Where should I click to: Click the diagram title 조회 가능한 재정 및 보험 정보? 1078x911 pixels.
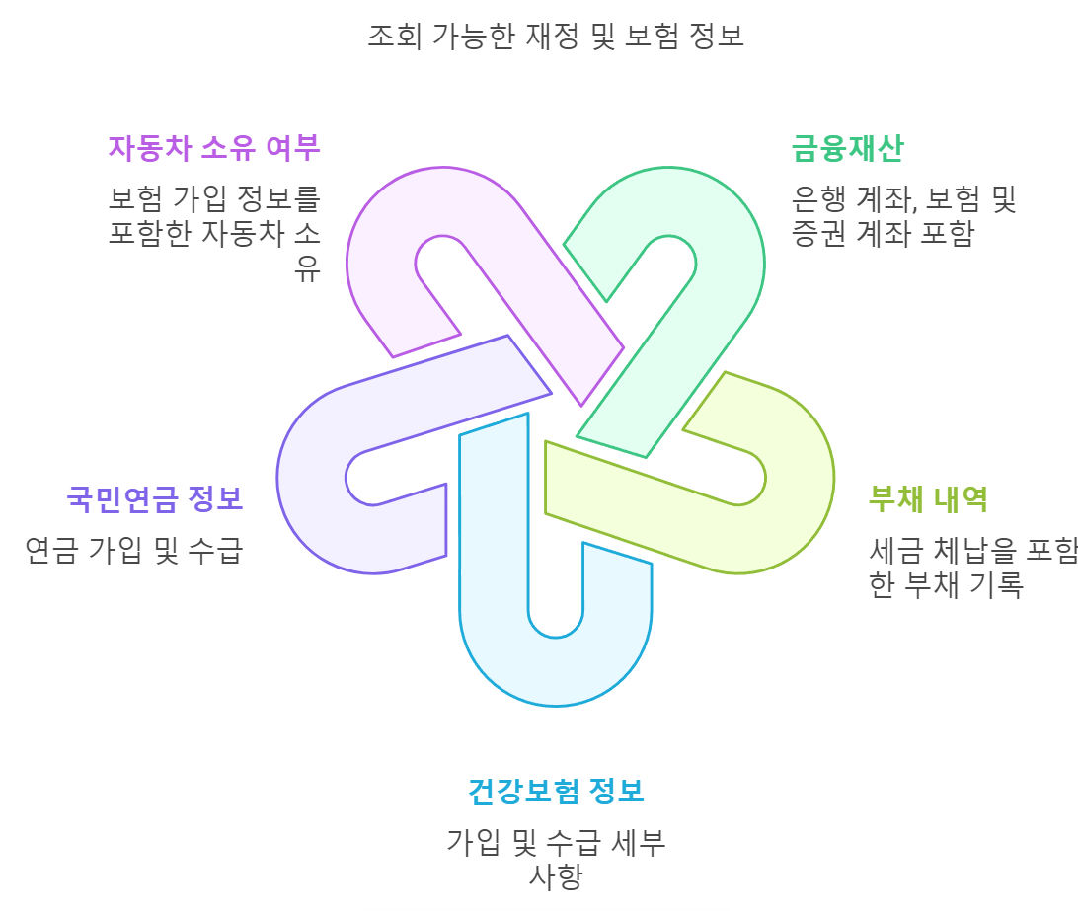point(555,37)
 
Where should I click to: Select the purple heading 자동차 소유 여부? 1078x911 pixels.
point(214,148)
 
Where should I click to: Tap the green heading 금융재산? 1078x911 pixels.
point(847,148)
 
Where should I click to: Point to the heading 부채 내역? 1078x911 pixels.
point(928,498)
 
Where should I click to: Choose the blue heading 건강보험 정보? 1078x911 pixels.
point(556,791)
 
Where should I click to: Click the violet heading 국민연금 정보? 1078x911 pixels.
point(155,498)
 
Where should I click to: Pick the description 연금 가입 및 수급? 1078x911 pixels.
point(134,550)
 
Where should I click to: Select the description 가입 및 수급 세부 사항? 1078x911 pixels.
point(556,859)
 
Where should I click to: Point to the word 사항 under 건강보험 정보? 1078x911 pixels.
point(556,876)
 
